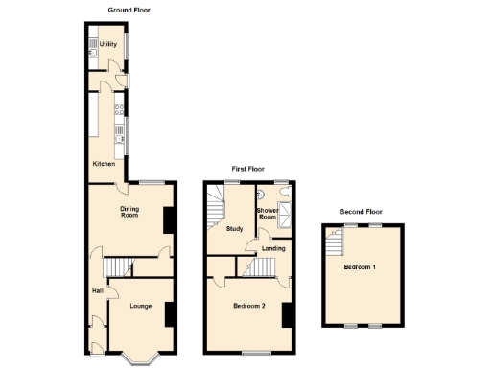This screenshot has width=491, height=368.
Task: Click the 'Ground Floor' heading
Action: tap(129, 10)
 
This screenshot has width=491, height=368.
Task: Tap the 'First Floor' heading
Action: tap(245, 168)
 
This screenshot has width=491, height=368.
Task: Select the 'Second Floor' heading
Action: tap(362, 211)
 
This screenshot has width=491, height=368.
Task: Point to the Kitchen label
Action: tap(104, 164)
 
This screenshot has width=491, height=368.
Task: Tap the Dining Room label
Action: tap(130, 213)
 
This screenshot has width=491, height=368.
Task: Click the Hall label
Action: tap(98, 291)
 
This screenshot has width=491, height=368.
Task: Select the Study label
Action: tap(234, 229)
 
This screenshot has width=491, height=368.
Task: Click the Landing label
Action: tap(272, 248)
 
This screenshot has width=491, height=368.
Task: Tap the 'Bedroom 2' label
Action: tap(248, 307)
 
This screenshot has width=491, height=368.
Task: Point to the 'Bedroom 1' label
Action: tap(361, 267)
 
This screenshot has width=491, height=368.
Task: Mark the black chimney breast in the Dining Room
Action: tap(169, 219)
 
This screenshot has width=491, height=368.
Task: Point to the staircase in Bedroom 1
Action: tap(333, 243)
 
